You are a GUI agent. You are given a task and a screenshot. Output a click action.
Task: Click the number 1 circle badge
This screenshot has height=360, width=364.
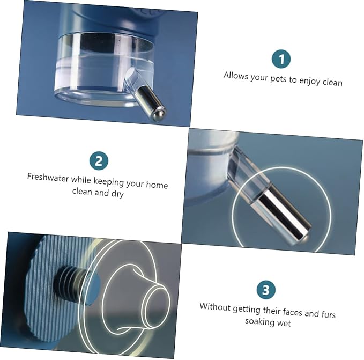click(x=281, y=59)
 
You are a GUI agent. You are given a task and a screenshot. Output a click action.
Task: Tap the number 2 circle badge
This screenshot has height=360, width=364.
click(x=99, y=161)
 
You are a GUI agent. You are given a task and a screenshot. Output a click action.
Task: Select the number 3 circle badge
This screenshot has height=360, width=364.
click(x=266, y=290)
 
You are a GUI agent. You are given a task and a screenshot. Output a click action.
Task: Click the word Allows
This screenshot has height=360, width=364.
click(x=236, y=76)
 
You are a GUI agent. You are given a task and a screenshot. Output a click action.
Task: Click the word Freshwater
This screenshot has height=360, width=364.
click(x=48, y=178)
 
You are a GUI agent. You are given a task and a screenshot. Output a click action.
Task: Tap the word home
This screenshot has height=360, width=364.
click(x=157, y=185)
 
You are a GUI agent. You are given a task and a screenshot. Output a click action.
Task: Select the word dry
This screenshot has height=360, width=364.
click(x=117, y=194)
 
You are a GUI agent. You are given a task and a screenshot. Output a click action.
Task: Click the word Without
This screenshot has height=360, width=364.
click(x=215, y=307)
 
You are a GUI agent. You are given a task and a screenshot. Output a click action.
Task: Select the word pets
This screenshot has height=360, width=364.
click(x=279, y=79)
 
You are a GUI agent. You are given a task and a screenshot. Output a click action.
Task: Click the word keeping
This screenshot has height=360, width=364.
click(x=108, y=182)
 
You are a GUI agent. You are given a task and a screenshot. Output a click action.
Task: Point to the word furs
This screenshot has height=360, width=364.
click(x=328, y=314)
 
